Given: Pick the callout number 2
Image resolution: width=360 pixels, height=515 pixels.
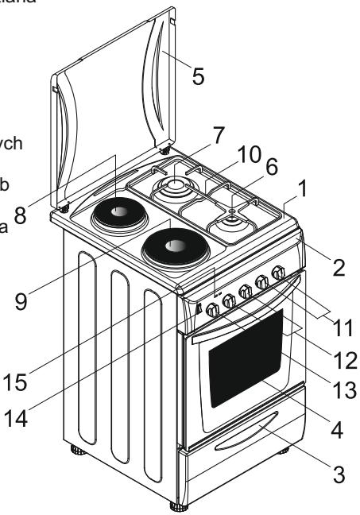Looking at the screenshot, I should click(338, 267).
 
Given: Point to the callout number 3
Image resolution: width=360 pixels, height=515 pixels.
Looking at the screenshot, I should click(339, 476).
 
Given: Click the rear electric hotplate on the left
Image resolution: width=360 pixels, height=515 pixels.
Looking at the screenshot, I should click(117, 212).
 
